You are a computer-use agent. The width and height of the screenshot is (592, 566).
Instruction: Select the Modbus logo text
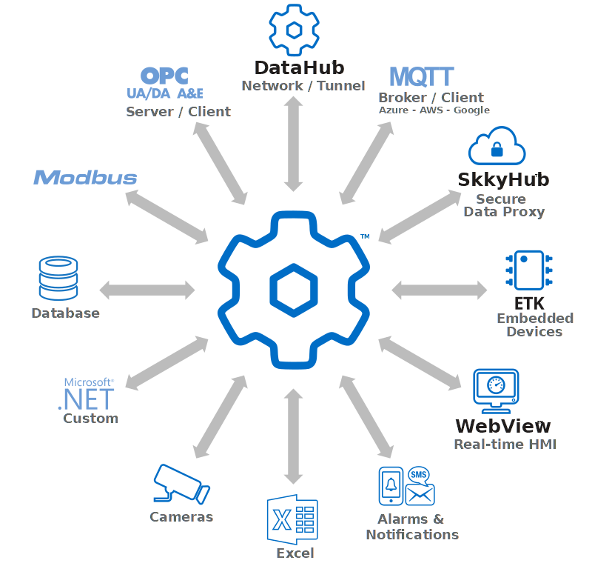pyautogui.click(x=85, y=178)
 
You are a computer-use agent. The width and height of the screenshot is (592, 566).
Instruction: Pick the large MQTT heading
pyautogui.click(x=421, y=76)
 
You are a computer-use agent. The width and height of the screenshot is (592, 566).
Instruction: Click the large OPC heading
pyautogui.click(x=164, y=76)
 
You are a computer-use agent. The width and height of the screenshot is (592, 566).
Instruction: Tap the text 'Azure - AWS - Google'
pyautogui.click(x=434, y=110)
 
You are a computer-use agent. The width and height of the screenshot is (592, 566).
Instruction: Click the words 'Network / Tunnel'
pyautogui.click(x=303, y=86)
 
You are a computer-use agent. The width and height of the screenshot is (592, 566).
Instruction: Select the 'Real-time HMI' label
pyautogui.click(x=505, y=445)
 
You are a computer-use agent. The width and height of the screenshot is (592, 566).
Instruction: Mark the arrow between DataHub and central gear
pyautogui.click(x=294, y=144)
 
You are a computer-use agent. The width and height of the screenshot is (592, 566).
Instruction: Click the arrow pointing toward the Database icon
pyautogui.click(x=147, y=289)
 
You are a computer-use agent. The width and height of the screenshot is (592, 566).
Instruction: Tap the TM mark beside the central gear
pyautogui.click(x=365, y=236)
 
